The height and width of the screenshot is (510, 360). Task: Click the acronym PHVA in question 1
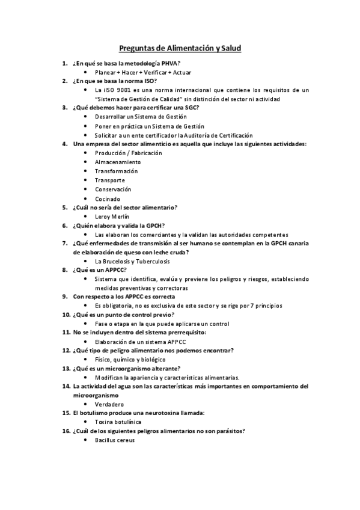click(x=170, y=63)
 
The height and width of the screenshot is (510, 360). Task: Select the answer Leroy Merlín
click(x=112, y=216)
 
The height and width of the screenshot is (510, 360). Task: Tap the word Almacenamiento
click(x=118, y=162)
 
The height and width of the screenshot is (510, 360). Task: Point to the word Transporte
click(x=110, y=180)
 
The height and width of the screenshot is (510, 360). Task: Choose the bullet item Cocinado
click(x=108, y=198)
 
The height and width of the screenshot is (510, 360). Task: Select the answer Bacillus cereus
click(x=115, y=440)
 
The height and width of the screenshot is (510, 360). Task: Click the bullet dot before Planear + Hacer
click(x=87, y=72)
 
